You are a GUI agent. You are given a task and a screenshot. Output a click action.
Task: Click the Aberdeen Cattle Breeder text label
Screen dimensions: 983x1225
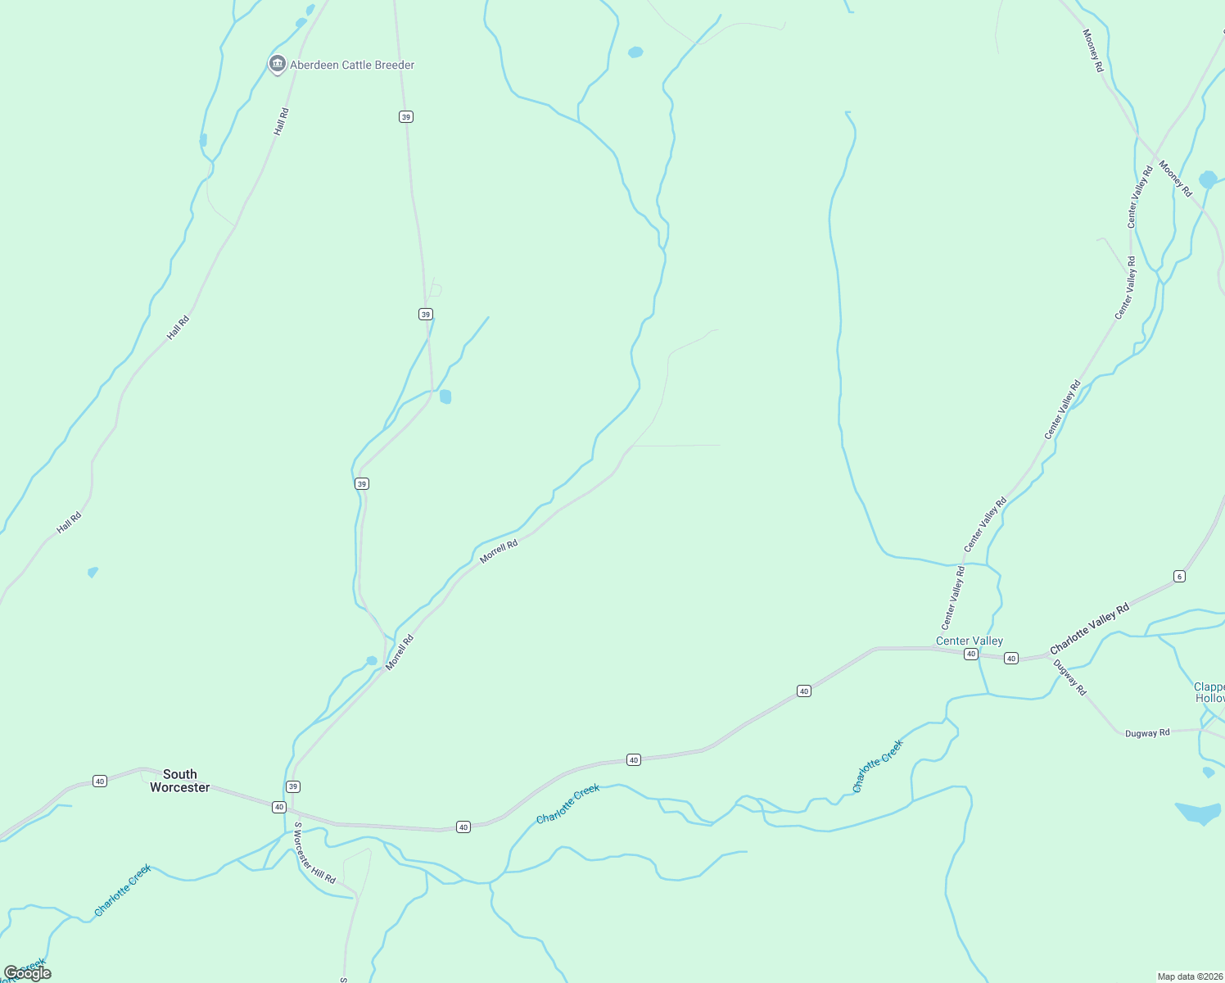(352, 65)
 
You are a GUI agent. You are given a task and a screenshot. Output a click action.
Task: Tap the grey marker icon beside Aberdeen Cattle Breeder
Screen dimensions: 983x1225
(277, 64)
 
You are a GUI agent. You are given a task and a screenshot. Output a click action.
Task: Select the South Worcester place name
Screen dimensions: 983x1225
(180, 781)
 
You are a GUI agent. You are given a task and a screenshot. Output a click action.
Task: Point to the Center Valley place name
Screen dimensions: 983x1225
(970, 641)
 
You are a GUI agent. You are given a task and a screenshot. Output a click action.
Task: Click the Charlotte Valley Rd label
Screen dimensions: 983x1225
(1089, 628)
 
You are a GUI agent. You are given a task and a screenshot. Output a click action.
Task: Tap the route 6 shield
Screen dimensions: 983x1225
(1179, 576)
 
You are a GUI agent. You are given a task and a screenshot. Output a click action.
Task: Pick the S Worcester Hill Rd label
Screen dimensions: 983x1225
(314, 853)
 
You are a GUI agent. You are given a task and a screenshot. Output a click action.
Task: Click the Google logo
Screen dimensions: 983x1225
(27, 973)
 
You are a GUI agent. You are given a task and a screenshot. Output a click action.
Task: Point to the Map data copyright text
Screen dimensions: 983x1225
(1190, 976)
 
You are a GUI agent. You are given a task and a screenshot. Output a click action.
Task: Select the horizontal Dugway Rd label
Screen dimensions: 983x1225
(1147, 733)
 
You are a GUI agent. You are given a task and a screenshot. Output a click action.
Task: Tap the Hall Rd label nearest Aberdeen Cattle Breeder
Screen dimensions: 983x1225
(282, 121)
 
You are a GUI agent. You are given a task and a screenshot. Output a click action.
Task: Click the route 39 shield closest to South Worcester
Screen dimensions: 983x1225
(293, 786)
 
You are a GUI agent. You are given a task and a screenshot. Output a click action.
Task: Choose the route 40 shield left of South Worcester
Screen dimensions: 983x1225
(100, 781)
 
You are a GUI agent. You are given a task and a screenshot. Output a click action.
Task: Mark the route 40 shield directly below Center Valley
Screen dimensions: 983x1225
(970, 654)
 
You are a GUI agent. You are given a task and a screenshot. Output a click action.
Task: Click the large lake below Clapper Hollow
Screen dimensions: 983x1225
(1199, 813)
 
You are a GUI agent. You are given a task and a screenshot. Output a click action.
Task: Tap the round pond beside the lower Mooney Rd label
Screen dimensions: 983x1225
(1208, 179)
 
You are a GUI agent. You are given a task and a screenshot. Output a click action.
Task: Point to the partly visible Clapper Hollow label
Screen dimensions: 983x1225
(1209, 692)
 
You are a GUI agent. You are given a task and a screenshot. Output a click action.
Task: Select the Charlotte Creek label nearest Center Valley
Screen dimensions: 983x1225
(877, 766)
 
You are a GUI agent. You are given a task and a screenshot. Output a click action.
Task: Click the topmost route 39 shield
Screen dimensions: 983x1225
(406, 117)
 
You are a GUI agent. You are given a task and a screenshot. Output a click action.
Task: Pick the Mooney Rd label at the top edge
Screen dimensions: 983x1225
(1093, 50)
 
